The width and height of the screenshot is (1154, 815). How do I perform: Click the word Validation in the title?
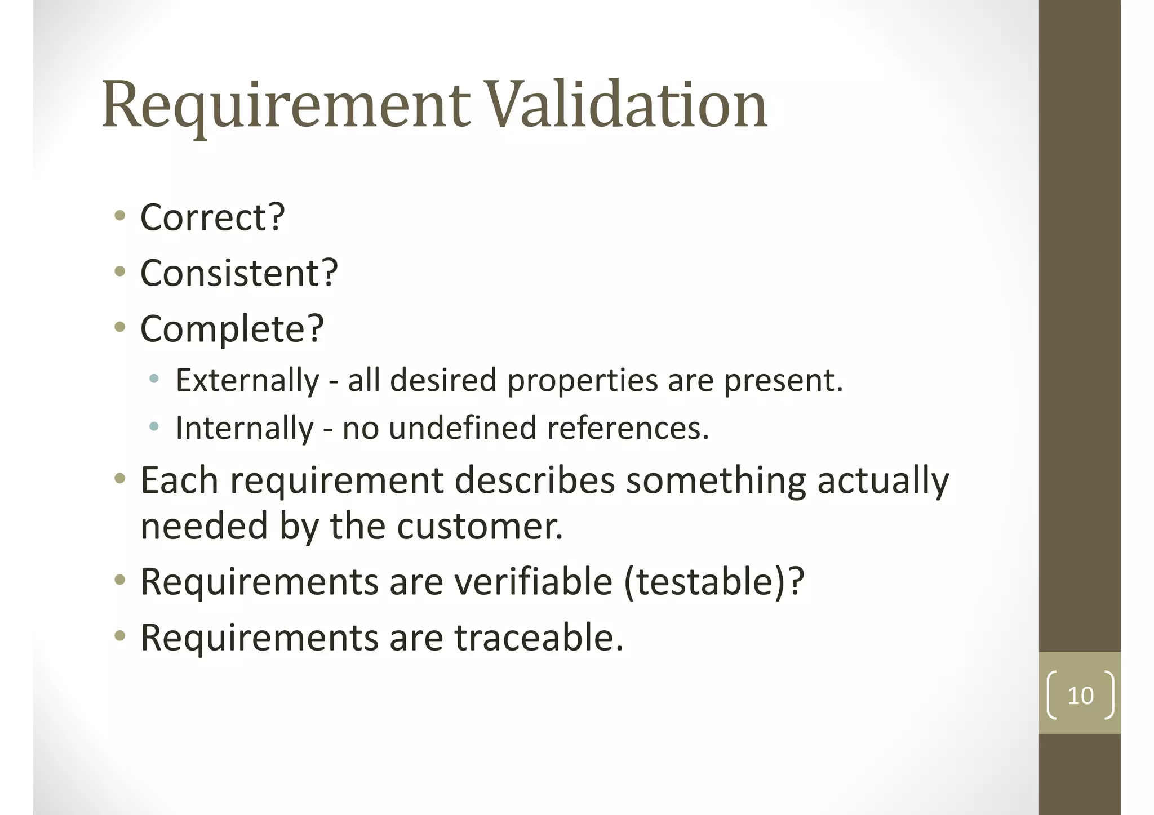click(625, 105)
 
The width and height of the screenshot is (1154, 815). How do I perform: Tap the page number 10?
click(1080, 696)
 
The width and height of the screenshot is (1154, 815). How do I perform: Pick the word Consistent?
click(239, 273)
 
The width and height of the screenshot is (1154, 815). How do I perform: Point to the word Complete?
click(232, 328)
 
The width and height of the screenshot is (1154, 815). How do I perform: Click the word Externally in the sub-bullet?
click(247, 380)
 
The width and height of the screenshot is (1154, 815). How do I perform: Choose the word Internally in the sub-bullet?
click(245, 428)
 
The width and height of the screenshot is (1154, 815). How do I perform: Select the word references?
click(628, 428)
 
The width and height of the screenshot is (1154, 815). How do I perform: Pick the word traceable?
click(539, 638)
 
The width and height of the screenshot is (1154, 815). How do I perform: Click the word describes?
click(534, 480)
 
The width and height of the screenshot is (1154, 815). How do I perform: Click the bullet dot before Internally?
click(154, 426)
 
